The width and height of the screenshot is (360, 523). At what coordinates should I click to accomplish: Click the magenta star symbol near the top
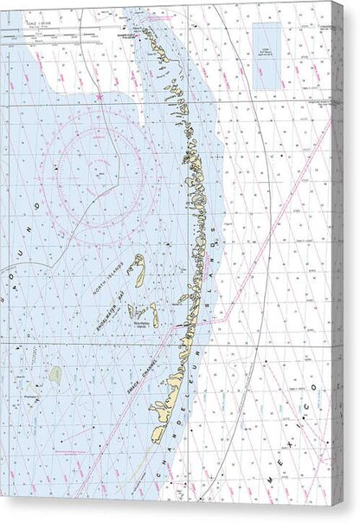[x=100, y=96]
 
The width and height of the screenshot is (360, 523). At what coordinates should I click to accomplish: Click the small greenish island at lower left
[x=55, y=375]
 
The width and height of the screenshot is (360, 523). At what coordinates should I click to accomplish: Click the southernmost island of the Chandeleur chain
[x=157, y=434]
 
